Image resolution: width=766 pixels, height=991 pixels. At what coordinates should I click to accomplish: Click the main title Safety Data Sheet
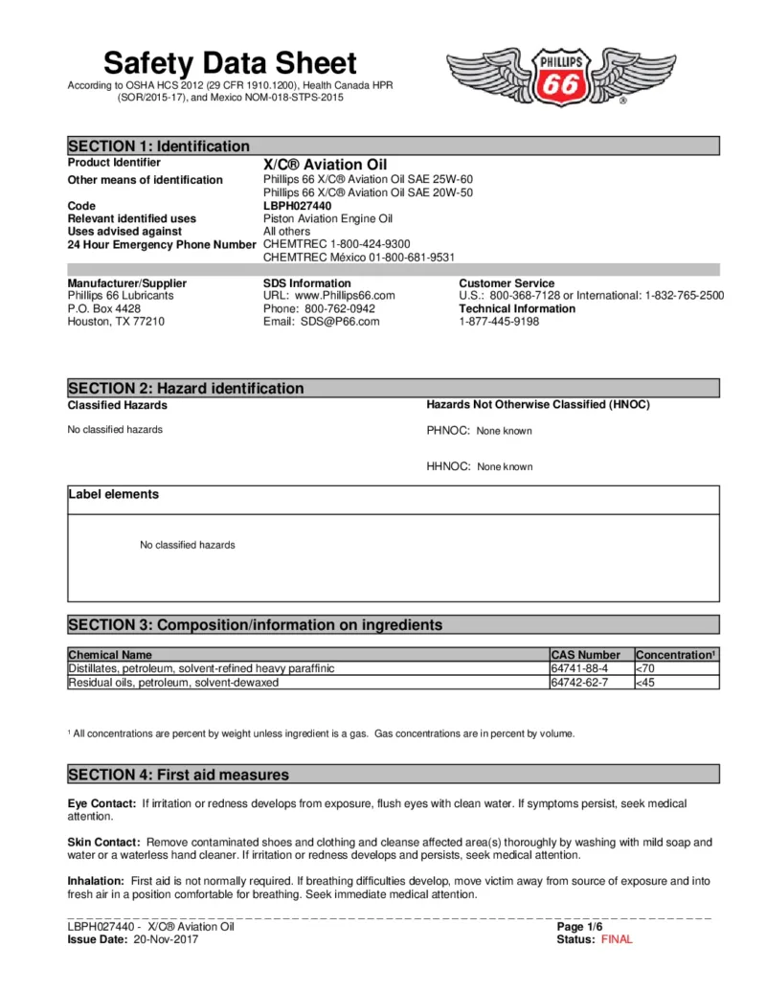pos(230,63)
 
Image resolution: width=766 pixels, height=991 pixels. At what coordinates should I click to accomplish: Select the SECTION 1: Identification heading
pos(159,146)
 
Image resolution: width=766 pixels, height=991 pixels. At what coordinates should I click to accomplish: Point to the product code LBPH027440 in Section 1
pos(297,206)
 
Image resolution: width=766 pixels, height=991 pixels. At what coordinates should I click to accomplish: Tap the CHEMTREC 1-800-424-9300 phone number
pos(336,244)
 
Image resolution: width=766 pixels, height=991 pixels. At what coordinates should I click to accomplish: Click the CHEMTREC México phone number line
pos(358,258)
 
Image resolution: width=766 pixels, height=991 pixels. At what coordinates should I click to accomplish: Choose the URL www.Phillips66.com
pos(328,296)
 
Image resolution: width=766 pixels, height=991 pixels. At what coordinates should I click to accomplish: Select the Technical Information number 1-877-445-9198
pos(499,322)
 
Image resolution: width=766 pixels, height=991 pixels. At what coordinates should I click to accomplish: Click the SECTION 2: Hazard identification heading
pos(186,389)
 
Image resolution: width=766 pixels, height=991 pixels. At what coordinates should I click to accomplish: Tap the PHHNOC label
pos(447,431)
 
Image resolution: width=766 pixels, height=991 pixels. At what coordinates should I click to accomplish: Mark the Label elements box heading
pos(114,495)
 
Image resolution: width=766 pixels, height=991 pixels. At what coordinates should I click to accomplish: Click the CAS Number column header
pos(585,655)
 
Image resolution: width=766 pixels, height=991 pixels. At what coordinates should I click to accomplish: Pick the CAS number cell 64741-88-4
pos(579,668)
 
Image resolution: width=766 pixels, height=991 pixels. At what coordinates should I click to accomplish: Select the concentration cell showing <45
pos(646,683)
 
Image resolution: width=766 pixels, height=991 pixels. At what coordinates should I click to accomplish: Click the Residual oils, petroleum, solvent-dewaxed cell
pos(173,683)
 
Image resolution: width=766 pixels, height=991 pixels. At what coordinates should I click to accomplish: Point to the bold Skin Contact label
pos(103,843)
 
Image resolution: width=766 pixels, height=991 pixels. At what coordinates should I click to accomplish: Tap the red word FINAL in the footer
pos(617,939)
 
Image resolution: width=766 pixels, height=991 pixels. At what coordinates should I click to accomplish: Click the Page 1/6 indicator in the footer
pos(579,927)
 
